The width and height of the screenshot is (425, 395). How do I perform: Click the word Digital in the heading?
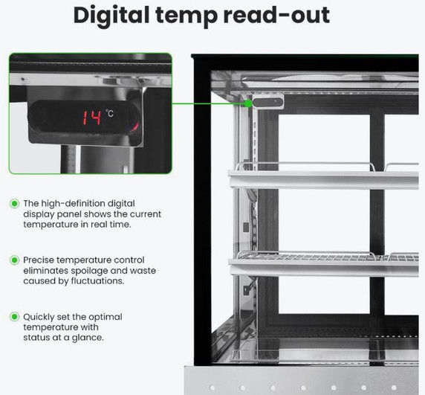(x=111, y=16)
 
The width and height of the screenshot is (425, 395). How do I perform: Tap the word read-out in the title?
(x=276, y=15)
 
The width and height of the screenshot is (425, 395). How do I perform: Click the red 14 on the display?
(x=92, y=118)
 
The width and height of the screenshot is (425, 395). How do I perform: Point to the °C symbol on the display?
(x=110, y=113)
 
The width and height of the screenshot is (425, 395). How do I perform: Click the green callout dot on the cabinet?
(x=249, y=103)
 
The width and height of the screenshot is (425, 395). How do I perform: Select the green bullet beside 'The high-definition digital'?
(x=14, y=204)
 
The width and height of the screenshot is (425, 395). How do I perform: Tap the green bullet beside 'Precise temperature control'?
(x=14, y=260)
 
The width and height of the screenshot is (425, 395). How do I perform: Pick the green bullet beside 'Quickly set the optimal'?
(x=14, y=317)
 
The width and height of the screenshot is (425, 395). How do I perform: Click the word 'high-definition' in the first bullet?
(x=72, y=204)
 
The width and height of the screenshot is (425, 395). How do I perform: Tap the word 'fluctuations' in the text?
(x=97, y=281)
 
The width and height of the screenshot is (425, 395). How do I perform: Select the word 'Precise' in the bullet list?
(x=39, y=260)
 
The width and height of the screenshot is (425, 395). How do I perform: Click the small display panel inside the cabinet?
(x=267, y=103)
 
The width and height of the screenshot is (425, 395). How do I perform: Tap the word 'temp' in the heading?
(x=186, y=16)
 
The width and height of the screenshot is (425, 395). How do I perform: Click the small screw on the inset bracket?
(x=23, y=79)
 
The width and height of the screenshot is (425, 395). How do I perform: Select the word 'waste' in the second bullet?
(x=143, y=271)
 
